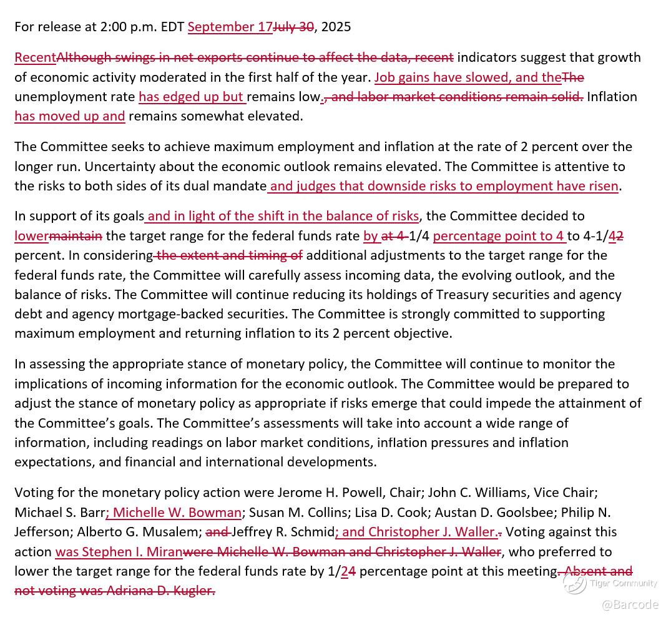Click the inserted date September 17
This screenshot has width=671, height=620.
(230, 27)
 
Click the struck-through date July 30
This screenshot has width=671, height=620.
(293, 27)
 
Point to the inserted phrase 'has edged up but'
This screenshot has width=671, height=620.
(191, 97)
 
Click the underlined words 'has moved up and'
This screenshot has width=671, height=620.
(69, 116)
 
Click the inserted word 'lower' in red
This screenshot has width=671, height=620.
(31, 236)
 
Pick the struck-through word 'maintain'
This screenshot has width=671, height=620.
(76, 236)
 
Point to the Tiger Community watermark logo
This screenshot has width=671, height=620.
(574, 583)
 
